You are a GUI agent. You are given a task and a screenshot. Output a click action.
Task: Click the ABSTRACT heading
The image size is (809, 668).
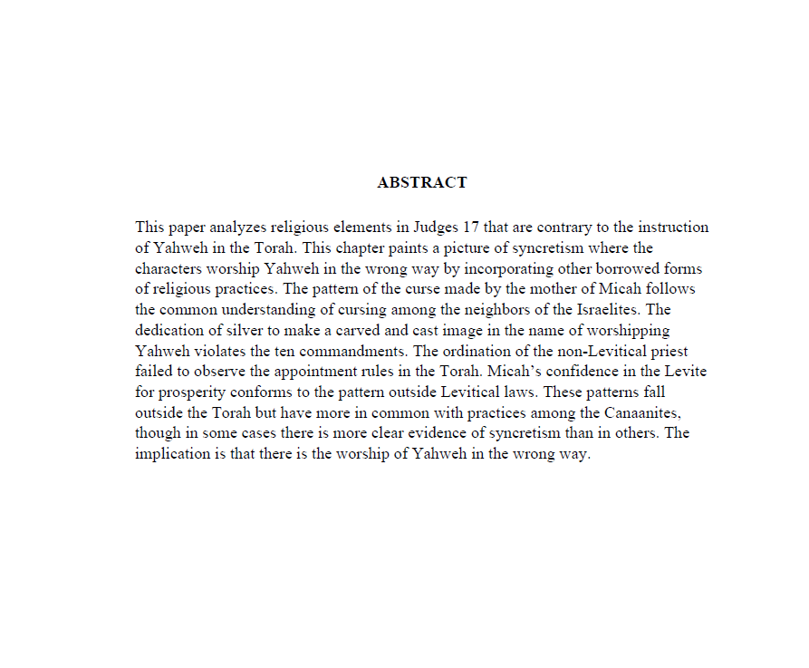pos(422,182)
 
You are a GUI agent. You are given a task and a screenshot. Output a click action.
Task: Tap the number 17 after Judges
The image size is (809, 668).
pos(471,228)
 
